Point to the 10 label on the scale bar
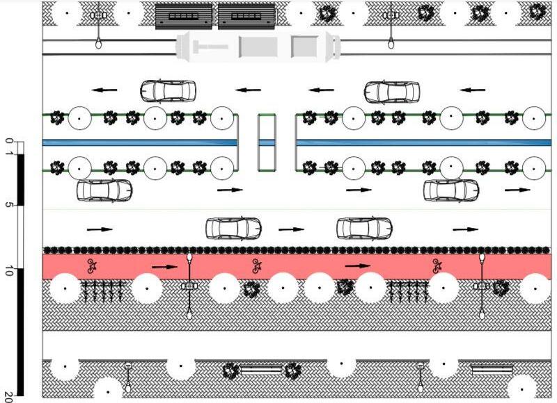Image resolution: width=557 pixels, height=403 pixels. [8, 272]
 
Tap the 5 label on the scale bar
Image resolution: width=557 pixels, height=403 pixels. [8, 206]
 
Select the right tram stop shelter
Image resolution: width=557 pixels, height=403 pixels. [246, 16]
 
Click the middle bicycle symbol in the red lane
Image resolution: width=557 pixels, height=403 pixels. [256, 265]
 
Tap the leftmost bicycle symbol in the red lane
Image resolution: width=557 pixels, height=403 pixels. [91, 265]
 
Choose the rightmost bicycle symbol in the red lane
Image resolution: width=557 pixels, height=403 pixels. [437, 265]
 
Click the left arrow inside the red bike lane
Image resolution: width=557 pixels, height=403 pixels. [165, 265]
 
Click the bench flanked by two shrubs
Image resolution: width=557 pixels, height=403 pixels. [261, 370]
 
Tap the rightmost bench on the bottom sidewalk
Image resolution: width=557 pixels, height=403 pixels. [492, 370]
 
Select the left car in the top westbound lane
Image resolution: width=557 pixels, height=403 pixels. [168, 91]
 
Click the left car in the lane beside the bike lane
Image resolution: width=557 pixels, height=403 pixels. [233, 227]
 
